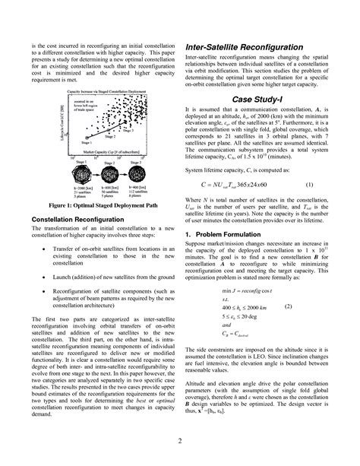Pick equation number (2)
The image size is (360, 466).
pos(309,305)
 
